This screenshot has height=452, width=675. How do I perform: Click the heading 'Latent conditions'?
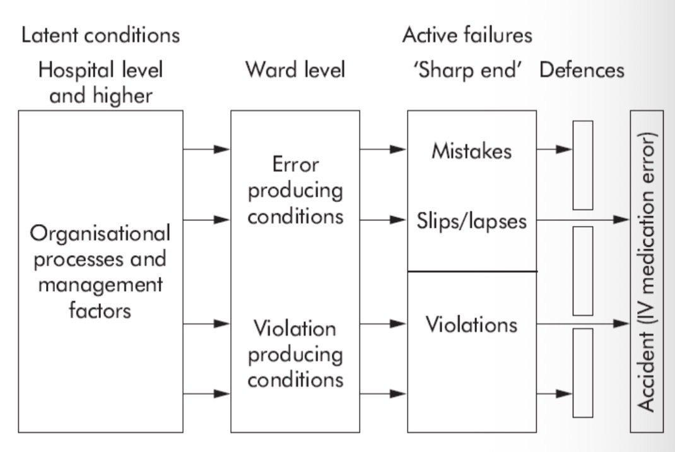coord(101,35)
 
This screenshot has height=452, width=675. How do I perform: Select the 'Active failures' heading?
coord(467,35)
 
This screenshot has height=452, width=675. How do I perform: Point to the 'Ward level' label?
coord(295,70)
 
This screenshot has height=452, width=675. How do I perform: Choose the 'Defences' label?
coord(582,70)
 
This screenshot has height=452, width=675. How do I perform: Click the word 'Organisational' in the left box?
coord(101,234)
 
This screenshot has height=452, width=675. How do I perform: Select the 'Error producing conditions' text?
coord(295,191)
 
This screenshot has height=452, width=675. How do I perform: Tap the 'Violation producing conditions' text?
coord(295,355)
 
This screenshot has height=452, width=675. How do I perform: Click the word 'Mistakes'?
coord(472,152)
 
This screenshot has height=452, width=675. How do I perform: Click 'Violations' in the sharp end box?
coord(472,324)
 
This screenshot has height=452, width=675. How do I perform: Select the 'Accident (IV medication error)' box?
coord(647,271)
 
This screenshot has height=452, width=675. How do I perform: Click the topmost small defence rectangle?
coord(583,164)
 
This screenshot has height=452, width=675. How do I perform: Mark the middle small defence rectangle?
coord(583,270)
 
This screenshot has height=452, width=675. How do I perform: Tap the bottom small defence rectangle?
coord(583,372)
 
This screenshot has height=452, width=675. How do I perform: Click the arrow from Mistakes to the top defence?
coord(555,150)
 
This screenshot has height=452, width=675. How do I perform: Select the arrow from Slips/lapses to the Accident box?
coord(583,220)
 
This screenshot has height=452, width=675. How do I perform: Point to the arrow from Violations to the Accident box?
coord(583,324)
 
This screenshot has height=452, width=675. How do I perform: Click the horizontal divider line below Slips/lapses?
coord(472,271)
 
